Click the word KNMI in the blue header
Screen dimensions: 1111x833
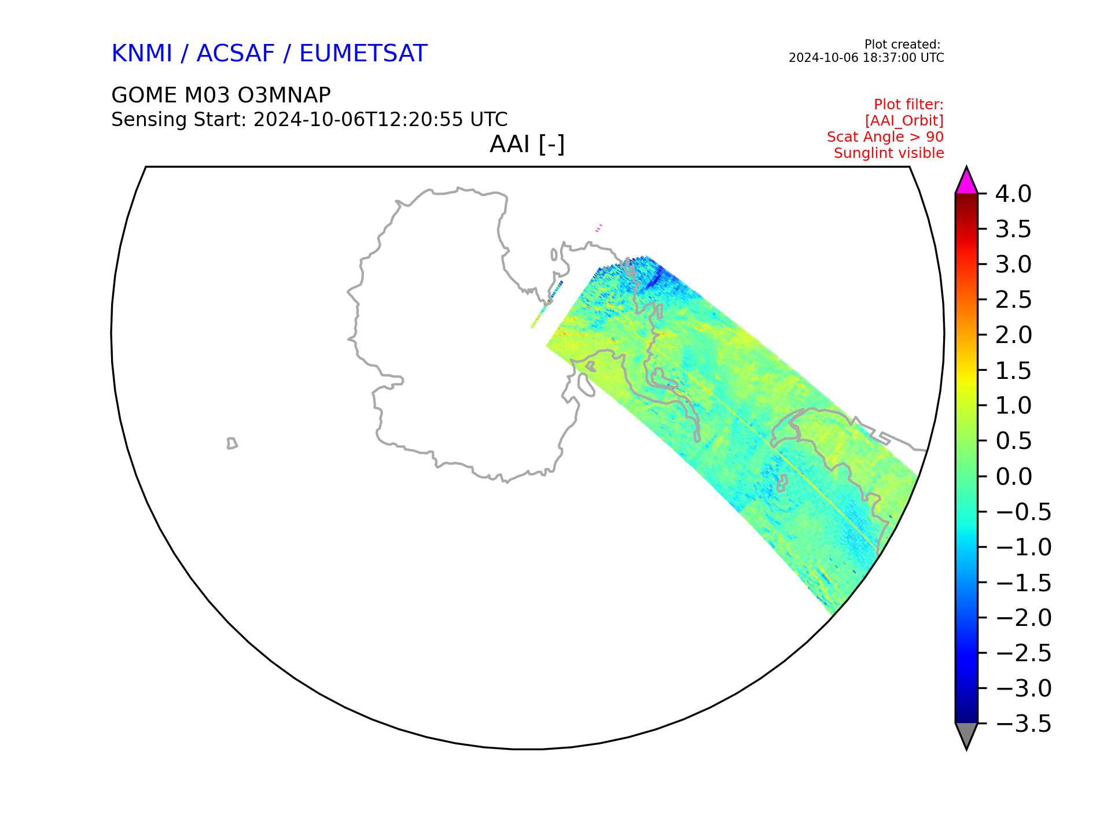pos(142,53)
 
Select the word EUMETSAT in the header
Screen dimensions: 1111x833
pos(363,53)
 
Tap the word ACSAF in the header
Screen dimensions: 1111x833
pos(236,53)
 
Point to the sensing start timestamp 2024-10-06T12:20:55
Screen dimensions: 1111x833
pos(358,120)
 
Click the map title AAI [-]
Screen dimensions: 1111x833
pos(527,144)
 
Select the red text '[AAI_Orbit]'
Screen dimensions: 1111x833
pos(904,121)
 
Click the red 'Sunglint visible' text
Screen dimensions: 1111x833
pos(889,153)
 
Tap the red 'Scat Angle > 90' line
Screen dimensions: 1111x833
pos(885,137)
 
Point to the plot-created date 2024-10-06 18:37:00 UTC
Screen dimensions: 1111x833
pos(866,58)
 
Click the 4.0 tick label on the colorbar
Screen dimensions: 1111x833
pos(1013,194)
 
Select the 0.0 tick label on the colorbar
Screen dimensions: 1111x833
pos(1013,477)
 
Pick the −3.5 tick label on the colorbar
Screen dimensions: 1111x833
pos(1023,724)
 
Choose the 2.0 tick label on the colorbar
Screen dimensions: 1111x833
pos(1013,335)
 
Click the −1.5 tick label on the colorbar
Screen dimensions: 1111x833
pos(1023,583)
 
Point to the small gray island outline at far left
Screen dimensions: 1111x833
pos(231,443)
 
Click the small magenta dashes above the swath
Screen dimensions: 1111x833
pos(599,228)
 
